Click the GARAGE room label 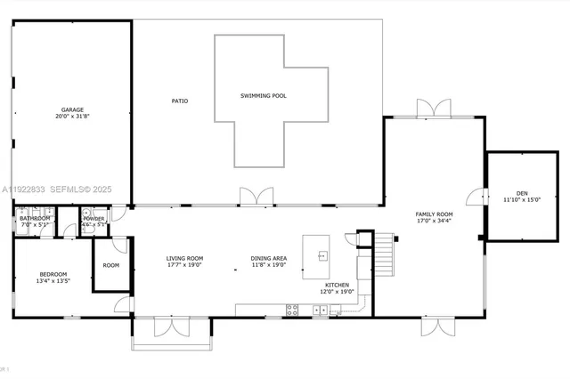72,109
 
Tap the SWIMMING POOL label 264,96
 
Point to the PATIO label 180,101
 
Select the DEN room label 522,193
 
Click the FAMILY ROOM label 435,214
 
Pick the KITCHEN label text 337,285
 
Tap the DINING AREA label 268,258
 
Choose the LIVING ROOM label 184,258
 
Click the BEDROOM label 54,274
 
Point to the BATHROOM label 35,218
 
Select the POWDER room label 94,218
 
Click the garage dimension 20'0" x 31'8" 72,117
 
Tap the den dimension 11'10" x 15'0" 522,200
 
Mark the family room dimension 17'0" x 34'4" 435,222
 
